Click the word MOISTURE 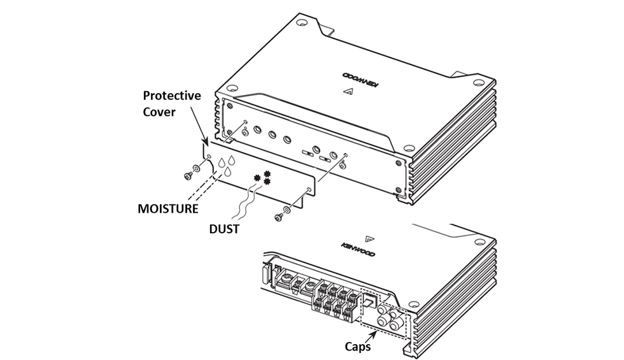point(168,208)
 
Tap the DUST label point(223,229)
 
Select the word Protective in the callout point(171,96)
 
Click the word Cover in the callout point(171,112)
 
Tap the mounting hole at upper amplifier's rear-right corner point(478,82)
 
